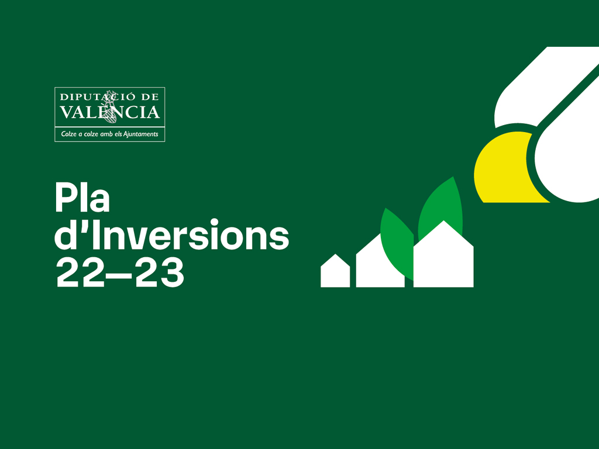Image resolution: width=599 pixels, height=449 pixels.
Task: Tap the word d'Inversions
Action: [x=171, y=234]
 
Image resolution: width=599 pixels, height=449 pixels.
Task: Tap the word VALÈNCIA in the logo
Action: [x=109, y=112]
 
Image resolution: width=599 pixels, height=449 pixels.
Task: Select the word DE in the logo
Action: [x=150, y=97]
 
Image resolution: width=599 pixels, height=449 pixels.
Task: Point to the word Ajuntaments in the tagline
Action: [x=140, y=134]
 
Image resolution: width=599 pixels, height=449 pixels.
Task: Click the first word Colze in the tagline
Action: [x=69, y=134]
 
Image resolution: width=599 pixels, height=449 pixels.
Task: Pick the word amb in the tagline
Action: [x=106, y=134]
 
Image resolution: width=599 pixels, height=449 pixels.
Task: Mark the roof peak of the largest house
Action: [x=443, y=220]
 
